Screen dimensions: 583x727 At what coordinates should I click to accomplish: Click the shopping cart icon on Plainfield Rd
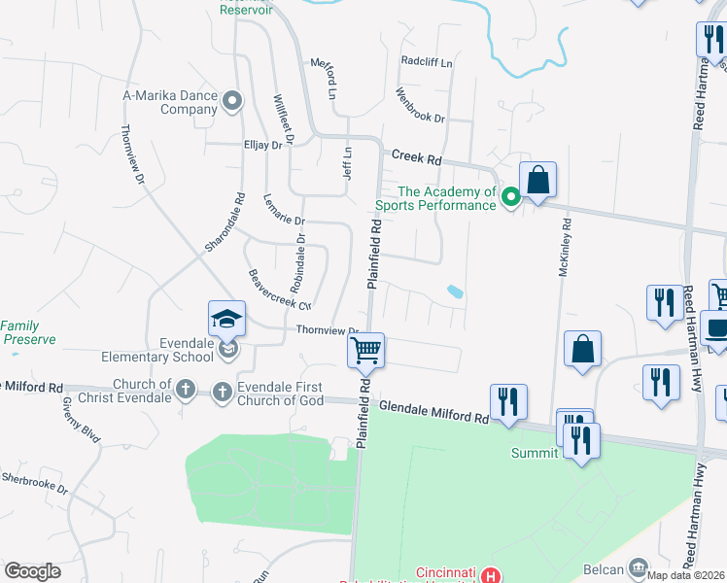366,350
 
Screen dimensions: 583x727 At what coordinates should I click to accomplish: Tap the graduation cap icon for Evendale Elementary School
225,318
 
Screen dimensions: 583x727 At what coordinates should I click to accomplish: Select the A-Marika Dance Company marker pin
232,101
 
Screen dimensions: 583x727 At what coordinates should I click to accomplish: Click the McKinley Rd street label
563,249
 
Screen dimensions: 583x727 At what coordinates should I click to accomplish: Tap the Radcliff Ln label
427,61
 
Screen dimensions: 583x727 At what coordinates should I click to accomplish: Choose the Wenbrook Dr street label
420,105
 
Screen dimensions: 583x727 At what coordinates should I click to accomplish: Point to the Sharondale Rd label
223,223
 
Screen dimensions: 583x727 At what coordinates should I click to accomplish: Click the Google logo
32,571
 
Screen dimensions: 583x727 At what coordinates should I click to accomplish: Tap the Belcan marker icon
639,566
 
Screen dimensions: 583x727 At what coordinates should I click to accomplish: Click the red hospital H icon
492,575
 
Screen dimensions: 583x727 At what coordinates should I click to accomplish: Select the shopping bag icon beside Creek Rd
537,180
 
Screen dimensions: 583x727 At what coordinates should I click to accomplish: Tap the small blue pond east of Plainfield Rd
455,291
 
